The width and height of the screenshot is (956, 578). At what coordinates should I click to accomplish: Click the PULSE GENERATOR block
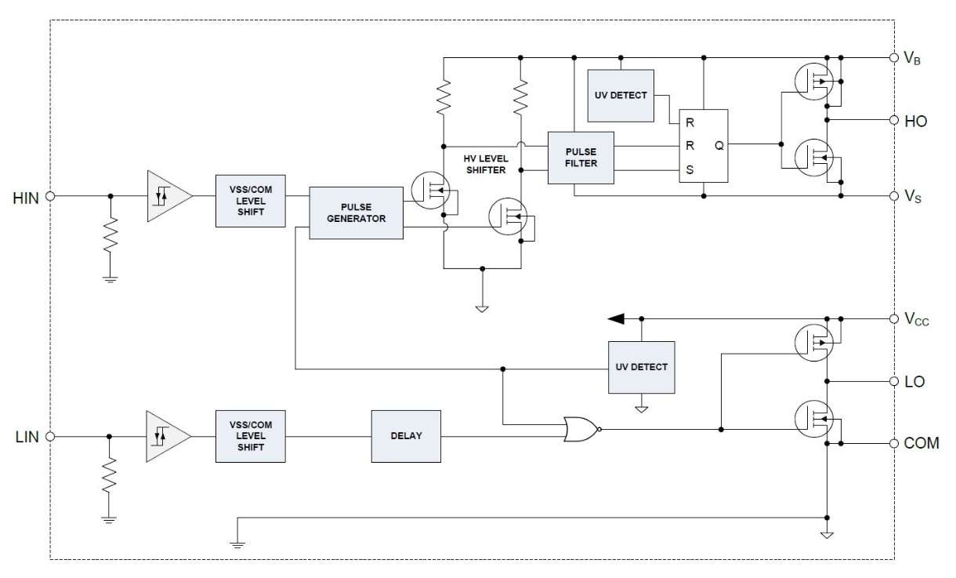click(x=356, y=213)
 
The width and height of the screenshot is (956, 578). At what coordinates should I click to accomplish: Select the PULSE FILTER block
click(x=581, y=158)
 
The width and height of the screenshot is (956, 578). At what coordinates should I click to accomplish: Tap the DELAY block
click(x=406, y=436)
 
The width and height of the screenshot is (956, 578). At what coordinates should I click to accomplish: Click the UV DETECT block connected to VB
click(x=621, y=96)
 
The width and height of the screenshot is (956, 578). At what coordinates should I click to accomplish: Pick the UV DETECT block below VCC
click(x=642, y=367)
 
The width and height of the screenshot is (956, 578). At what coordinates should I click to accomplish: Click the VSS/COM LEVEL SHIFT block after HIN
click(x=251, y=201)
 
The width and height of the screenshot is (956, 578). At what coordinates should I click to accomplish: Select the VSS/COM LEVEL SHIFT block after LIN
click(x=251, y=436)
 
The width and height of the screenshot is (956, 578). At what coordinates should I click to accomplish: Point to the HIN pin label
click(x=26, y=198)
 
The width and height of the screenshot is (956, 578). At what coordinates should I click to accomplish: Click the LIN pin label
click(x=27, y=437)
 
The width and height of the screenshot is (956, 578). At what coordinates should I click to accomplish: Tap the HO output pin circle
click(x=893, y=120)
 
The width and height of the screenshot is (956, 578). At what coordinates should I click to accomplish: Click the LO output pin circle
click(x=893, y=381)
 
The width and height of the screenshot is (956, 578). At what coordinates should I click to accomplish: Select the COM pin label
click(x=922, y=443)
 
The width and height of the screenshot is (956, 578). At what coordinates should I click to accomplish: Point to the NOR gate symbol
click(x=582, y=429)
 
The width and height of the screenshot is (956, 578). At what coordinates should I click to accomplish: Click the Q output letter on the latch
click(x=719, y=146)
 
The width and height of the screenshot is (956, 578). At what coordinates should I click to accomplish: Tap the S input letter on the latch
click(x=690, y=169)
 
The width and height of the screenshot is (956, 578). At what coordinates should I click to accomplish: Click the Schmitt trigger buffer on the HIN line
click(x=169, y=196)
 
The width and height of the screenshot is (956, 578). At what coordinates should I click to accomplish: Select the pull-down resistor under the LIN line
click(x=109, y=474)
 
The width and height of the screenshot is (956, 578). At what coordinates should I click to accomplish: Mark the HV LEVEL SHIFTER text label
click(x=486, y=165)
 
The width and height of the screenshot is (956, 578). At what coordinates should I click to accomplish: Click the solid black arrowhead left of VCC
click(x=616, y=318)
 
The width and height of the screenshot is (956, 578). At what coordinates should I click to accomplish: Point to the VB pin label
click(x=912, y=59)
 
